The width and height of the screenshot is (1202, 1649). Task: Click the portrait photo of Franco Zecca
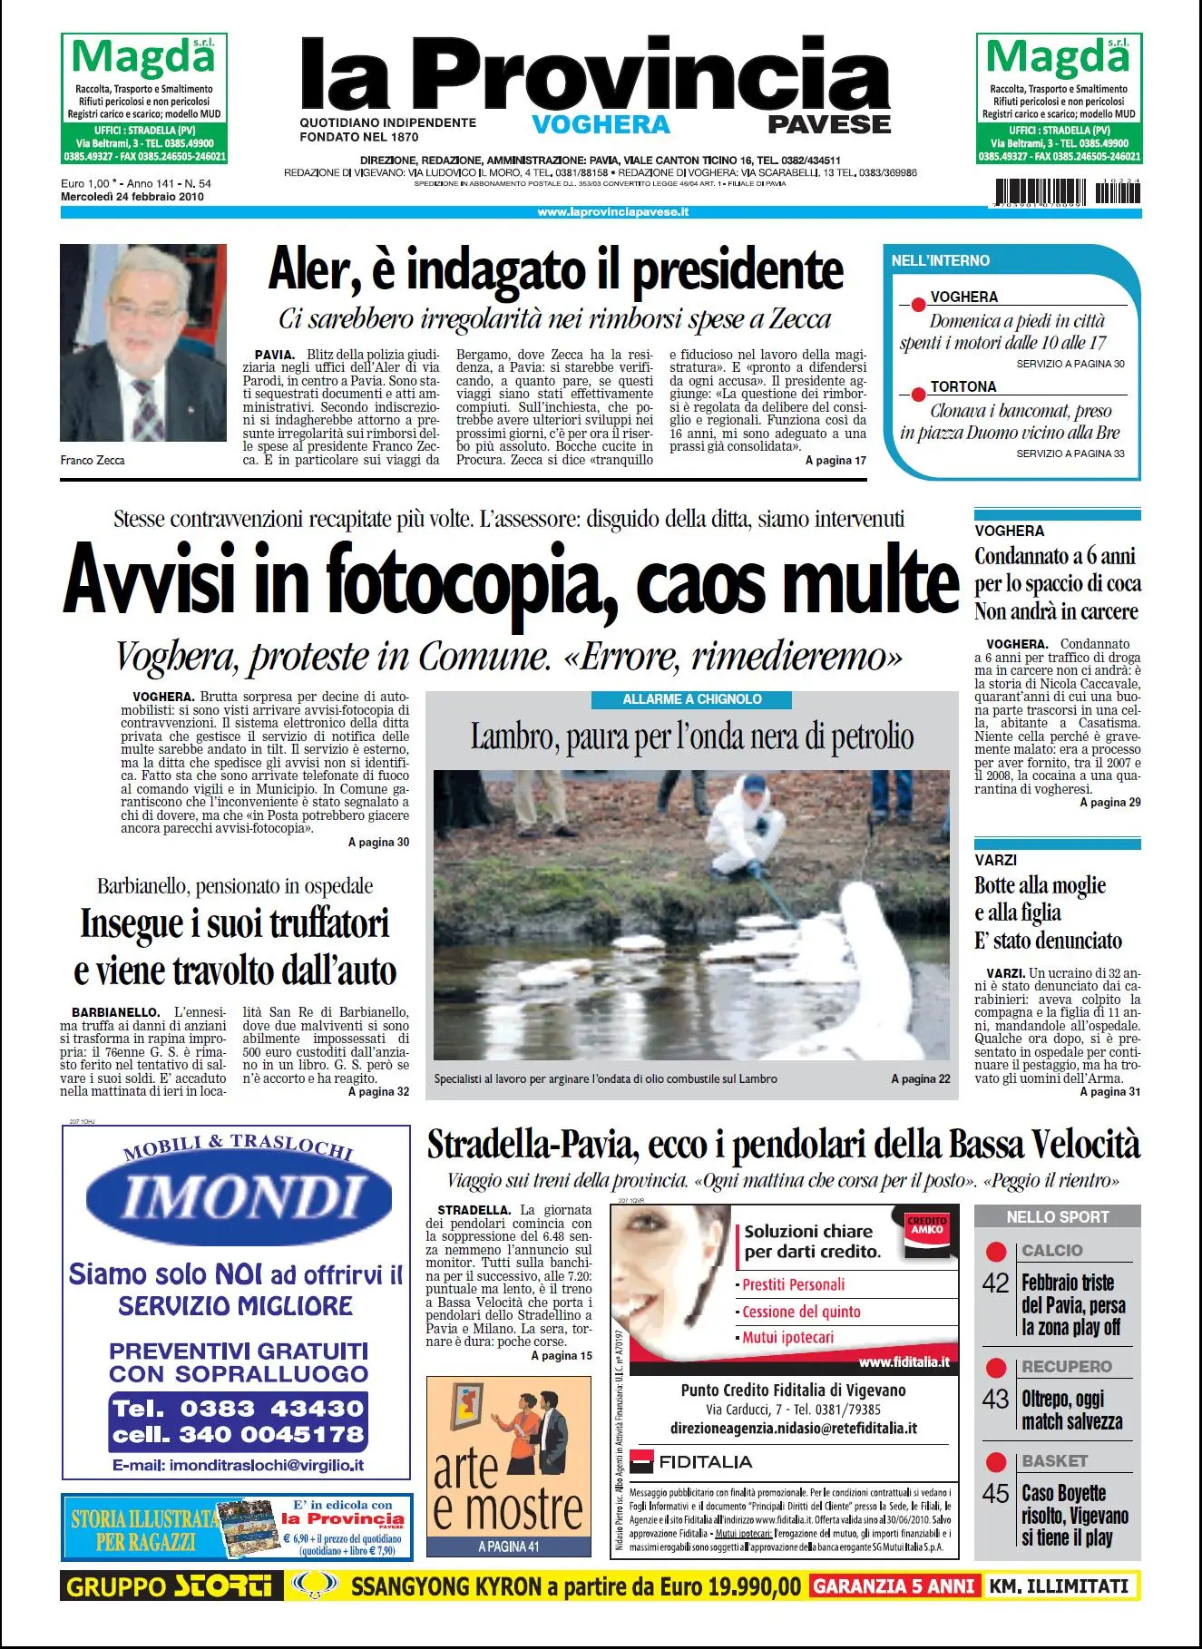pos(143,343)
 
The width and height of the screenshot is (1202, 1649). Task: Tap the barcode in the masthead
pos(1067,193)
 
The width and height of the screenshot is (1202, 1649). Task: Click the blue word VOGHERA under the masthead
pos(601,125)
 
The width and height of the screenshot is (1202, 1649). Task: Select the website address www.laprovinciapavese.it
pos(613,212)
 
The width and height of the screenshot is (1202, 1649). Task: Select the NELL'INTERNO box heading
pos(941,261)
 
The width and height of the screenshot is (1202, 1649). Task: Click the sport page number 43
pos(995,1399)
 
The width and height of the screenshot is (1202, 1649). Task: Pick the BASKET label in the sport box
pos(1054,1460)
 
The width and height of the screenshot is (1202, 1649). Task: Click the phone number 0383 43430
pos(272,1408)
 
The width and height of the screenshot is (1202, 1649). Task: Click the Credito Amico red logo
pos(926,1226)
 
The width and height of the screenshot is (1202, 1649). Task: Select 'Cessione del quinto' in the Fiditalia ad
pos(801,1312)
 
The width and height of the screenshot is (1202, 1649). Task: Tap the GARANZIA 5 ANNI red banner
pos(894,1586)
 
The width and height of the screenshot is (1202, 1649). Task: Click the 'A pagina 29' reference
pos(1109,803)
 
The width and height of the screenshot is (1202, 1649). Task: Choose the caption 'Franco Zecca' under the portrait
pos(93,460)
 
